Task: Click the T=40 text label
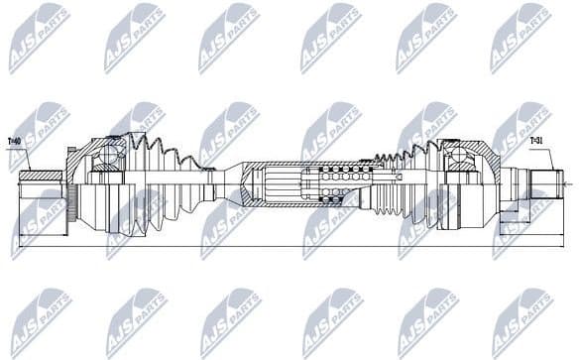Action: pyautogui.click(x=15, y=141)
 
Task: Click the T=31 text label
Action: pyautogui.click(x=535, y=141)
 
